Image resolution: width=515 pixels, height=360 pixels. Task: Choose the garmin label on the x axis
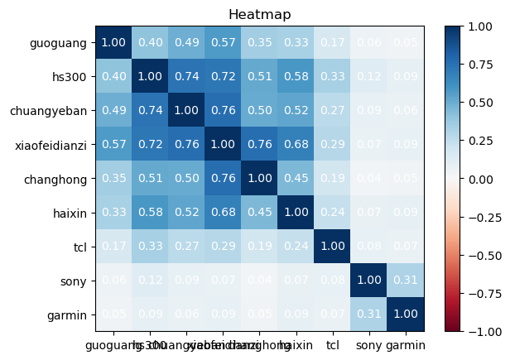pos(406,344)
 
